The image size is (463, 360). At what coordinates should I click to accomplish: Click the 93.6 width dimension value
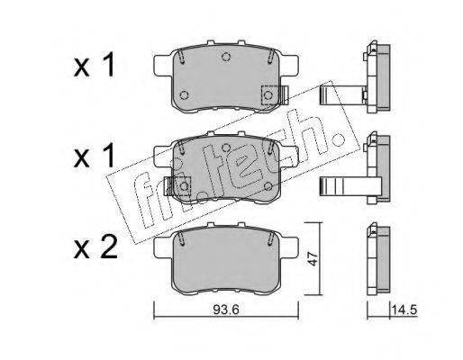pos(226,310)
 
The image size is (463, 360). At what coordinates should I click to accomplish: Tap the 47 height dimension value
pos(313,259)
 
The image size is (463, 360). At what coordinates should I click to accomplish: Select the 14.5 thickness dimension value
pos(404,310)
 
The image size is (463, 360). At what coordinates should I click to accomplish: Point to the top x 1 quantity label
pos(95,65)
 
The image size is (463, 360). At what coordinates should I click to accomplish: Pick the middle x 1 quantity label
pos(95,156)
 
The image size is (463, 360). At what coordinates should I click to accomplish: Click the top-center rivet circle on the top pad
pos(226,56)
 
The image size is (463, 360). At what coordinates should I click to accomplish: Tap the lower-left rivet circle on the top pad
pos(184,95)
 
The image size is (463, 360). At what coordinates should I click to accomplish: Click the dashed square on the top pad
pos(270,95)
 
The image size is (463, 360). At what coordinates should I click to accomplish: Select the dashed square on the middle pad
pos(183,186)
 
